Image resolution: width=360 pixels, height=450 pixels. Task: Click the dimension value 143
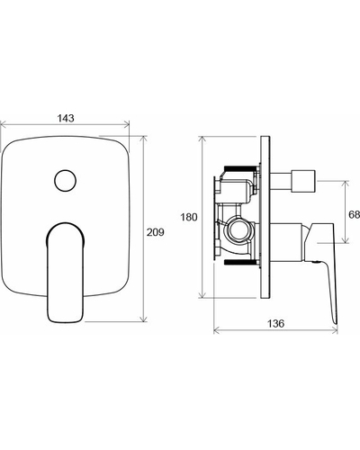(x=66, y=118)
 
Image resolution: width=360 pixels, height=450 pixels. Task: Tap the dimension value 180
(x=189, y=217)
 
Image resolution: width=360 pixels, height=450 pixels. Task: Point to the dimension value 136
(x=275, y=323)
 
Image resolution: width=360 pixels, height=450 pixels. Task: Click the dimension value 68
(x=354, y=214)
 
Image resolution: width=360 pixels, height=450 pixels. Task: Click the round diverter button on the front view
(x=65, y=181)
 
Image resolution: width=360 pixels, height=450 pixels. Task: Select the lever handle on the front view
(x=65, y=273)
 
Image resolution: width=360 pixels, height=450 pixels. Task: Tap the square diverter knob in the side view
(x=303, y=181)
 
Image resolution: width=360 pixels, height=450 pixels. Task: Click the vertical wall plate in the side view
(x=265, y=217)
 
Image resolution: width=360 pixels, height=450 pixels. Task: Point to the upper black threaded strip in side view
(x=241, y=167)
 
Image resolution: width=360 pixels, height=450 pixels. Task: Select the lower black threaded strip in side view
(x=241, y=262)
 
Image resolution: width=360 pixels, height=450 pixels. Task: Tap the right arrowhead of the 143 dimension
(x=127, y=123)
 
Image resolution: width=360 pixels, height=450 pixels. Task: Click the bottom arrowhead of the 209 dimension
(x=144, y=319)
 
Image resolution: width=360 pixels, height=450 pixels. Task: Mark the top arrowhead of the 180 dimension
(x=203, y=139)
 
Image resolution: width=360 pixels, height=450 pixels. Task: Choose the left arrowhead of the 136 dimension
(x=217, y=330)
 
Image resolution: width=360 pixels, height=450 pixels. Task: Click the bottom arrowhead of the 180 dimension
(x=203, y=294)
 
